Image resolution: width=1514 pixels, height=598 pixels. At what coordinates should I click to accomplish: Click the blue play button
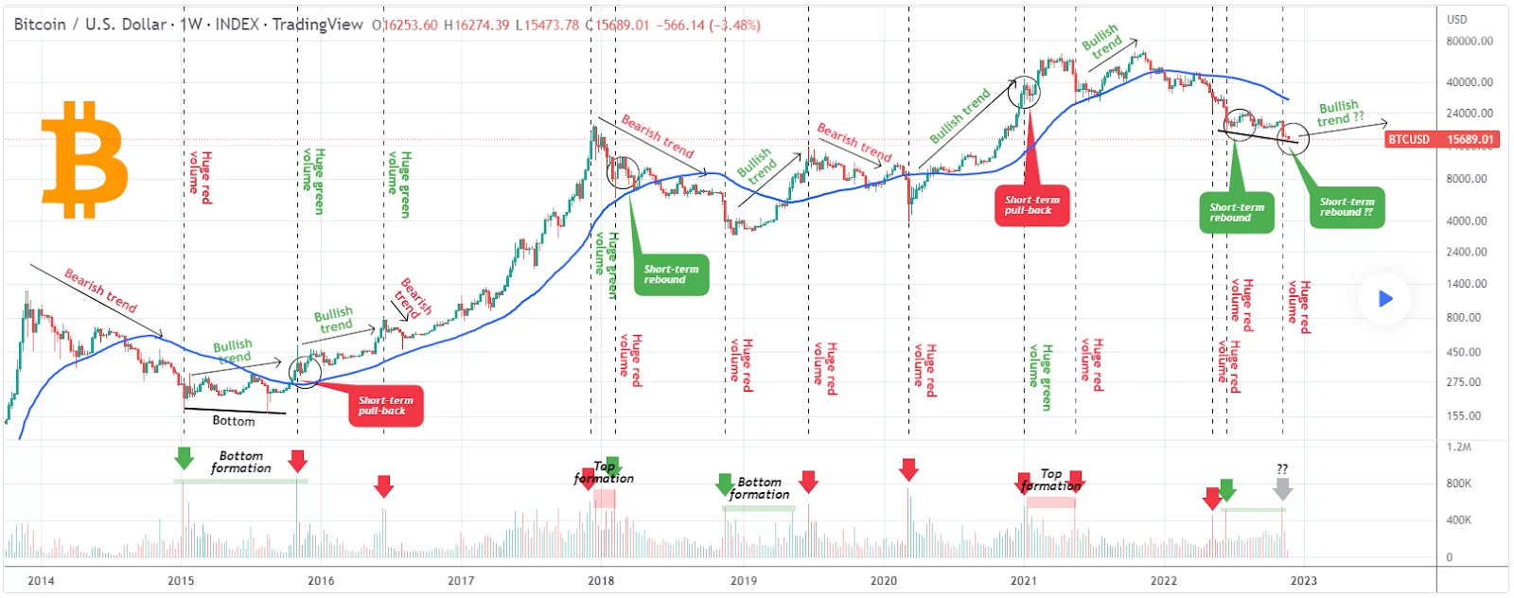click(x=1385, y=299)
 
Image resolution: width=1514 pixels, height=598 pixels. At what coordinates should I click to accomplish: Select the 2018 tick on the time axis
click(x=601, y=580)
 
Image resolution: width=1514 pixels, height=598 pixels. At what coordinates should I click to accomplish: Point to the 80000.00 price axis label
click(x=1469, y=41)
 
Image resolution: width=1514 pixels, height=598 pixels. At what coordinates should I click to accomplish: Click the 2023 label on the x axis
click(x=1303, y=580)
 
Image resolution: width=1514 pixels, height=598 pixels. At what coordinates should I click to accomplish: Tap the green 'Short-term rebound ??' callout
click(x=1347, y=207)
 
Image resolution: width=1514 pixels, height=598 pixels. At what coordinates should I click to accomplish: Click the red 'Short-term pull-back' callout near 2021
click(x=1031, y=205)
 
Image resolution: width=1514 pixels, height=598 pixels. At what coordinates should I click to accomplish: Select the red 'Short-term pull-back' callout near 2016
click(x=385, y=406)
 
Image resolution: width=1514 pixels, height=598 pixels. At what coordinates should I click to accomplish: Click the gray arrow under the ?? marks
click(x=1282, y=488)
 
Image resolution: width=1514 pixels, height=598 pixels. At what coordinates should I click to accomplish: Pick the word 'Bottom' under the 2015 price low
click(x=233, y=421)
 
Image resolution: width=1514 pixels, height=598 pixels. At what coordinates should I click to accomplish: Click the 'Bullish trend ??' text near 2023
click(x=1341, y=113)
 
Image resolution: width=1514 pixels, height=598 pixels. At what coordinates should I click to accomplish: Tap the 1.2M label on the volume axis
click(x=1458, y=447)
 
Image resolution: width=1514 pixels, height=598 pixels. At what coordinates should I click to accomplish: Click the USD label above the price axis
click(x=1456, y=19)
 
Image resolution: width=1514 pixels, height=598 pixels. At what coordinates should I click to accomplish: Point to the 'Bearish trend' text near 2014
click(x=100, y=290)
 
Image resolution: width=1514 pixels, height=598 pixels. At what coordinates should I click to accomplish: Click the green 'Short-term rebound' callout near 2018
click(x=671, y=274)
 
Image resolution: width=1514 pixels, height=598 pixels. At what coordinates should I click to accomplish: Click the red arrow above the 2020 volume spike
click(x=908, y=469)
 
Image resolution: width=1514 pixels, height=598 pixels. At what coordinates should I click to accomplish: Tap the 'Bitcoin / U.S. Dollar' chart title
click(x=90, y=24)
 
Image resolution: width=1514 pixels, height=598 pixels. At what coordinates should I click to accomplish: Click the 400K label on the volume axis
click(x=1458, y=519)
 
